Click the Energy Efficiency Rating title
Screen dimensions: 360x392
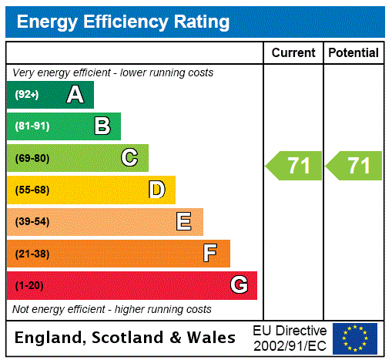point(123,22)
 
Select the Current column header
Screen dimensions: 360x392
point(293,53)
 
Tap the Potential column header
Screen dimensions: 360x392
point(353,53)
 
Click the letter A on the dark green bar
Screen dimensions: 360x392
point(75,95)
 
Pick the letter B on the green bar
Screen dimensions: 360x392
point(102,126)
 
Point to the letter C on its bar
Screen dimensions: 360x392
point(129,158)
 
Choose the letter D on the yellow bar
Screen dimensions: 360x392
point(156,190)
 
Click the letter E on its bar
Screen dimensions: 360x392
point(184,222)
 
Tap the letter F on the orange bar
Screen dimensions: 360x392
point(210,254)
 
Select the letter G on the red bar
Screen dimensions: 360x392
point(239,285)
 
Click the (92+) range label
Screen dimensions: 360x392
point(26,95)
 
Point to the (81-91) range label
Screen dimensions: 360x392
point(32,126)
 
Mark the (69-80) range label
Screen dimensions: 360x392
point(32,158)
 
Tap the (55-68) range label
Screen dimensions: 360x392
point(32,190)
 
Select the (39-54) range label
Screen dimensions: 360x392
point(32,222)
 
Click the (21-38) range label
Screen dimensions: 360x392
point(32,254)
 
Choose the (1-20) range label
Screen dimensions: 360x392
point(29,285)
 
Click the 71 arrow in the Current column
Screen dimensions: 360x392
point(294,166)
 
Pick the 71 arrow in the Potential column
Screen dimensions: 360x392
point(354,166)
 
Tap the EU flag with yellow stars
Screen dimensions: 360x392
point(355,338)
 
